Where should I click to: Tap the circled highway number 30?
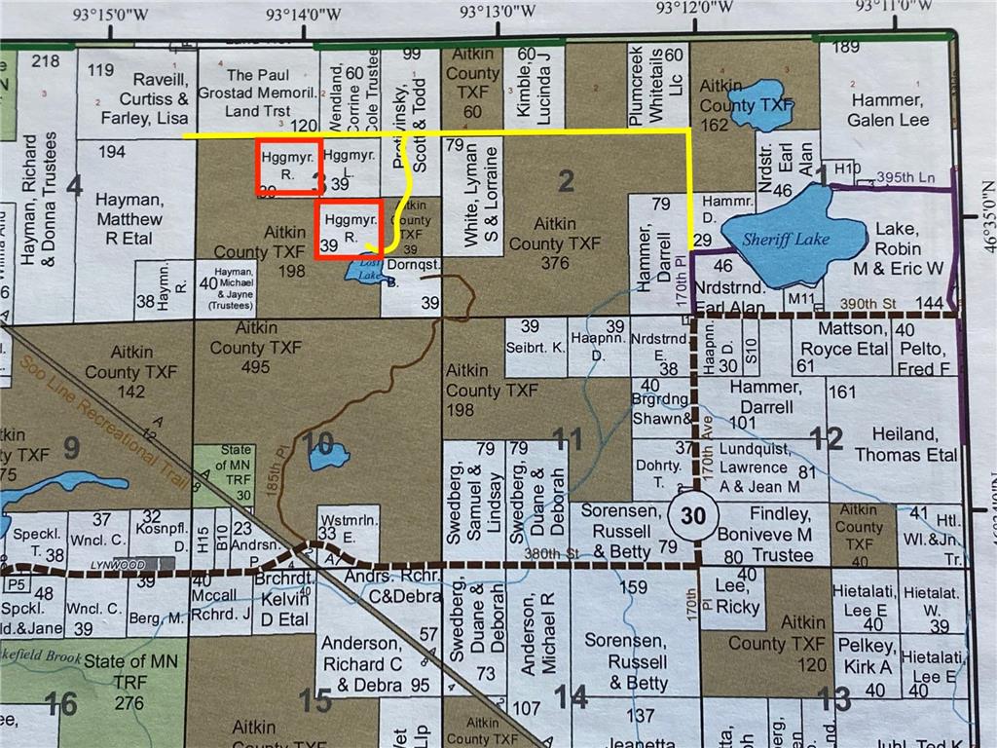[x=693, y=517]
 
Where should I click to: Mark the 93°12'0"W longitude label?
[x=693, y=11]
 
